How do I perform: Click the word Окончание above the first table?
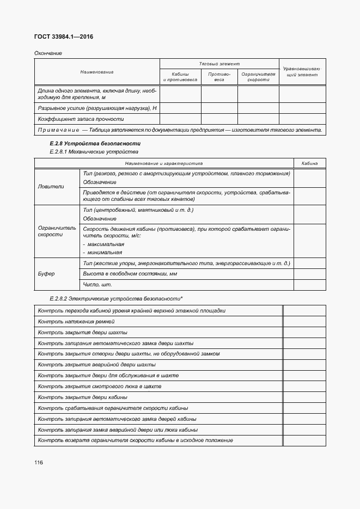point(48,53)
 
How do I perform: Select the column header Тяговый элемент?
point(219,64)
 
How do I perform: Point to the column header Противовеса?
point(219,77)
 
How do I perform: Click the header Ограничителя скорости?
point(258,77)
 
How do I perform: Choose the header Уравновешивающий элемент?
point(302,72)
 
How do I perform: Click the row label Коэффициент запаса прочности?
point(81,119)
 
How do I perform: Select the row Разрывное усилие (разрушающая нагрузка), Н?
point(97,108)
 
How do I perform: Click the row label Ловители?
point(51,186)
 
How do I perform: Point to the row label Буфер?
point(46,274)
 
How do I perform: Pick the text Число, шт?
point(97,284)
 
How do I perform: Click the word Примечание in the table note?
point(57,130)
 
